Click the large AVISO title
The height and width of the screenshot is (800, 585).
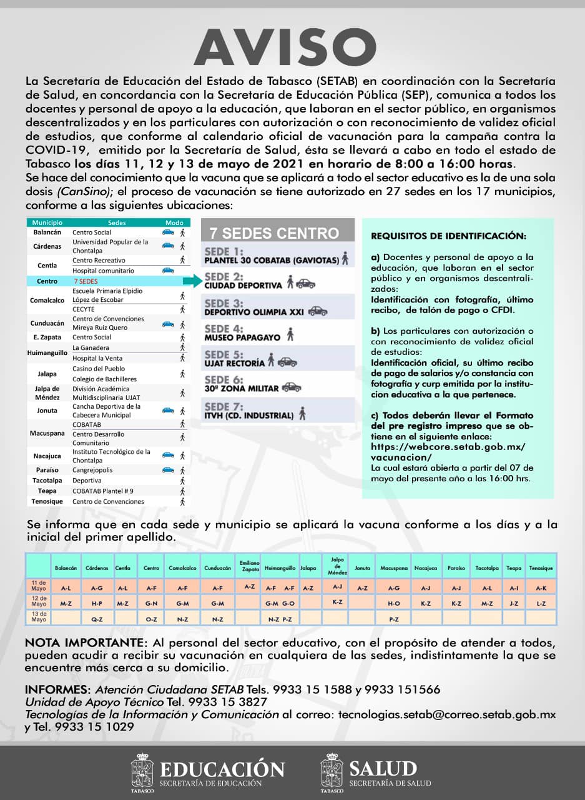[285, 48]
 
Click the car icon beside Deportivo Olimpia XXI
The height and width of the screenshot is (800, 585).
[317, 311]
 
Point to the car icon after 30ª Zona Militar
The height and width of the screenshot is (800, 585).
[291, 387]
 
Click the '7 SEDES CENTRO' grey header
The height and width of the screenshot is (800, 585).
[274, 234]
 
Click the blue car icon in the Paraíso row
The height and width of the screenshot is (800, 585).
[167, 469]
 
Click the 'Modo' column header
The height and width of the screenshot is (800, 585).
[174, 222]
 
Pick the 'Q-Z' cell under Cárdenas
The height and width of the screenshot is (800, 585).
[97, 619]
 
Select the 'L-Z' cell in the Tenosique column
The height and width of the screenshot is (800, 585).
[541, 604]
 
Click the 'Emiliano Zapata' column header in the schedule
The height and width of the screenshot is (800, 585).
[249, 566]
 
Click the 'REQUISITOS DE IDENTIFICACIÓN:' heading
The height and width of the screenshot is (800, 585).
[448, 237]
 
